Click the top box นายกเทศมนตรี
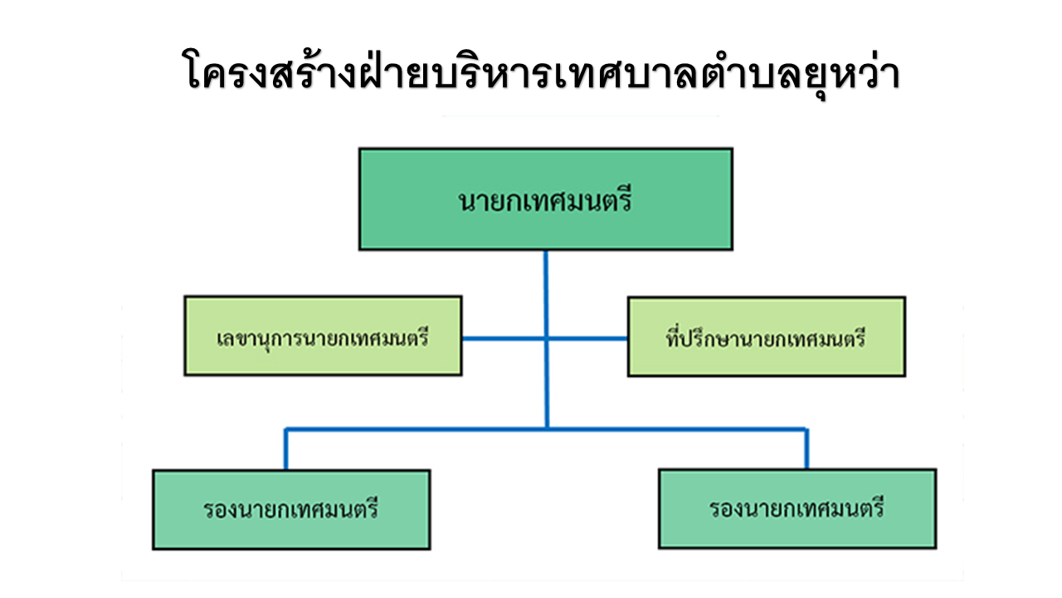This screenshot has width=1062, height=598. pyautogui.click(x=545, y=199)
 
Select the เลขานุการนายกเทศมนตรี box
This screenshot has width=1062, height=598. pyautogui.click(x=323, y=336)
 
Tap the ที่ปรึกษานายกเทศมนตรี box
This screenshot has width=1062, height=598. pyautogui.click(x=766, y=336)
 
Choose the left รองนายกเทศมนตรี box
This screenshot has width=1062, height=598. pyautogui.click(x=291, y=509)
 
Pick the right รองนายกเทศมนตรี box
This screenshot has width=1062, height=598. pyautogui.click(x=797, y=508)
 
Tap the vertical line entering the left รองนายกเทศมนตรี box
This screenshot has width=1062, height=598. pyautogui.click(x=285, y=453)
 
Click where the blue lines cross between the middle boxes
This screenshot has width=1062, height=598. pyautogui.click(x=546, y=339)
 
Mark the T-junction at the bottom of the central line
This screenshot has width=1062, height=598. pyautogui.click(x=546, y=429)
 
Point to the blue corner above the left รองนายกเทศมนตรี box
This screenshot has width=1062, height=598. pyautogui.click(x=286, y=429)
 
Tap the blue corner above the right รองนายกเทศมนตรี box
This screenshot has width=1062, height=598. pyautogui.click(x=806, y=429)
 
